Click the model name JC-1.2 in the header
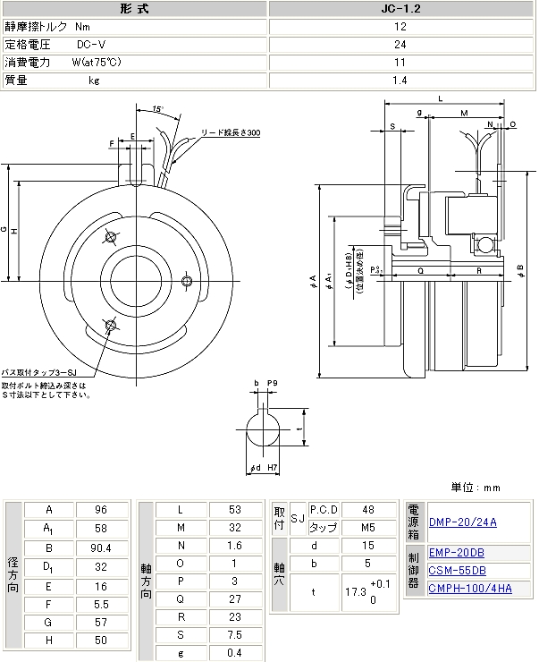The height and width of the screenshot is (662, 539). point(400,8)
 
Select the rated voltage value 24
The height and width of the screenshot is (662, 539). point(400,44)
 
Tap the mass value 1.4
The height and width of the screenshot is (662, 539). point(400,80)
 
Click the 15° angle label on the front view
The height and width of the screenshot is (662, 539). point(157,108)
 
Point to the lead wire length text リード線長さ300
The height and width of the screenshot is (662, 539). point(231,132)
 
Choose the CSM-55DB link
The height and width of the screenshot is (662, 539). point(458,570)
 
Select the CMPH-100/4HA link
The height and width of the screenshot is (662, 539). point(470,588)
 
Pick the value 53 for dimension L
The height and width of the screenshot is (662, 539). point(235,509)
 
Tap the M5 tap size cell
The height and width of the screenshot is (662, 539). point(366,528)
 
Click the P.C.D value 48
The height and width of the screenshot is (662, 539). point(366,509)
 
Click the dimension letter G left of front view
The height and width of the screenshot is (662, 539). point(4,229)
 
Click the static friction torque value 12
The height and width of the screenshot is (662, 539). point(400,27)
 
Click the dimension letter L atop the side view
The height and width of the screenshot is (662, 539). point(441,98)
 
